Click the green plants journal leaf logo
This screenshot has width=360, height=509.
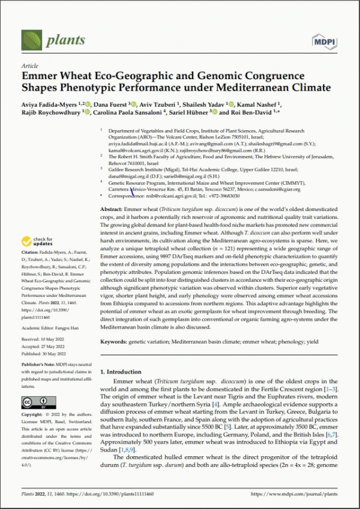click(x=32, y=39)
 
